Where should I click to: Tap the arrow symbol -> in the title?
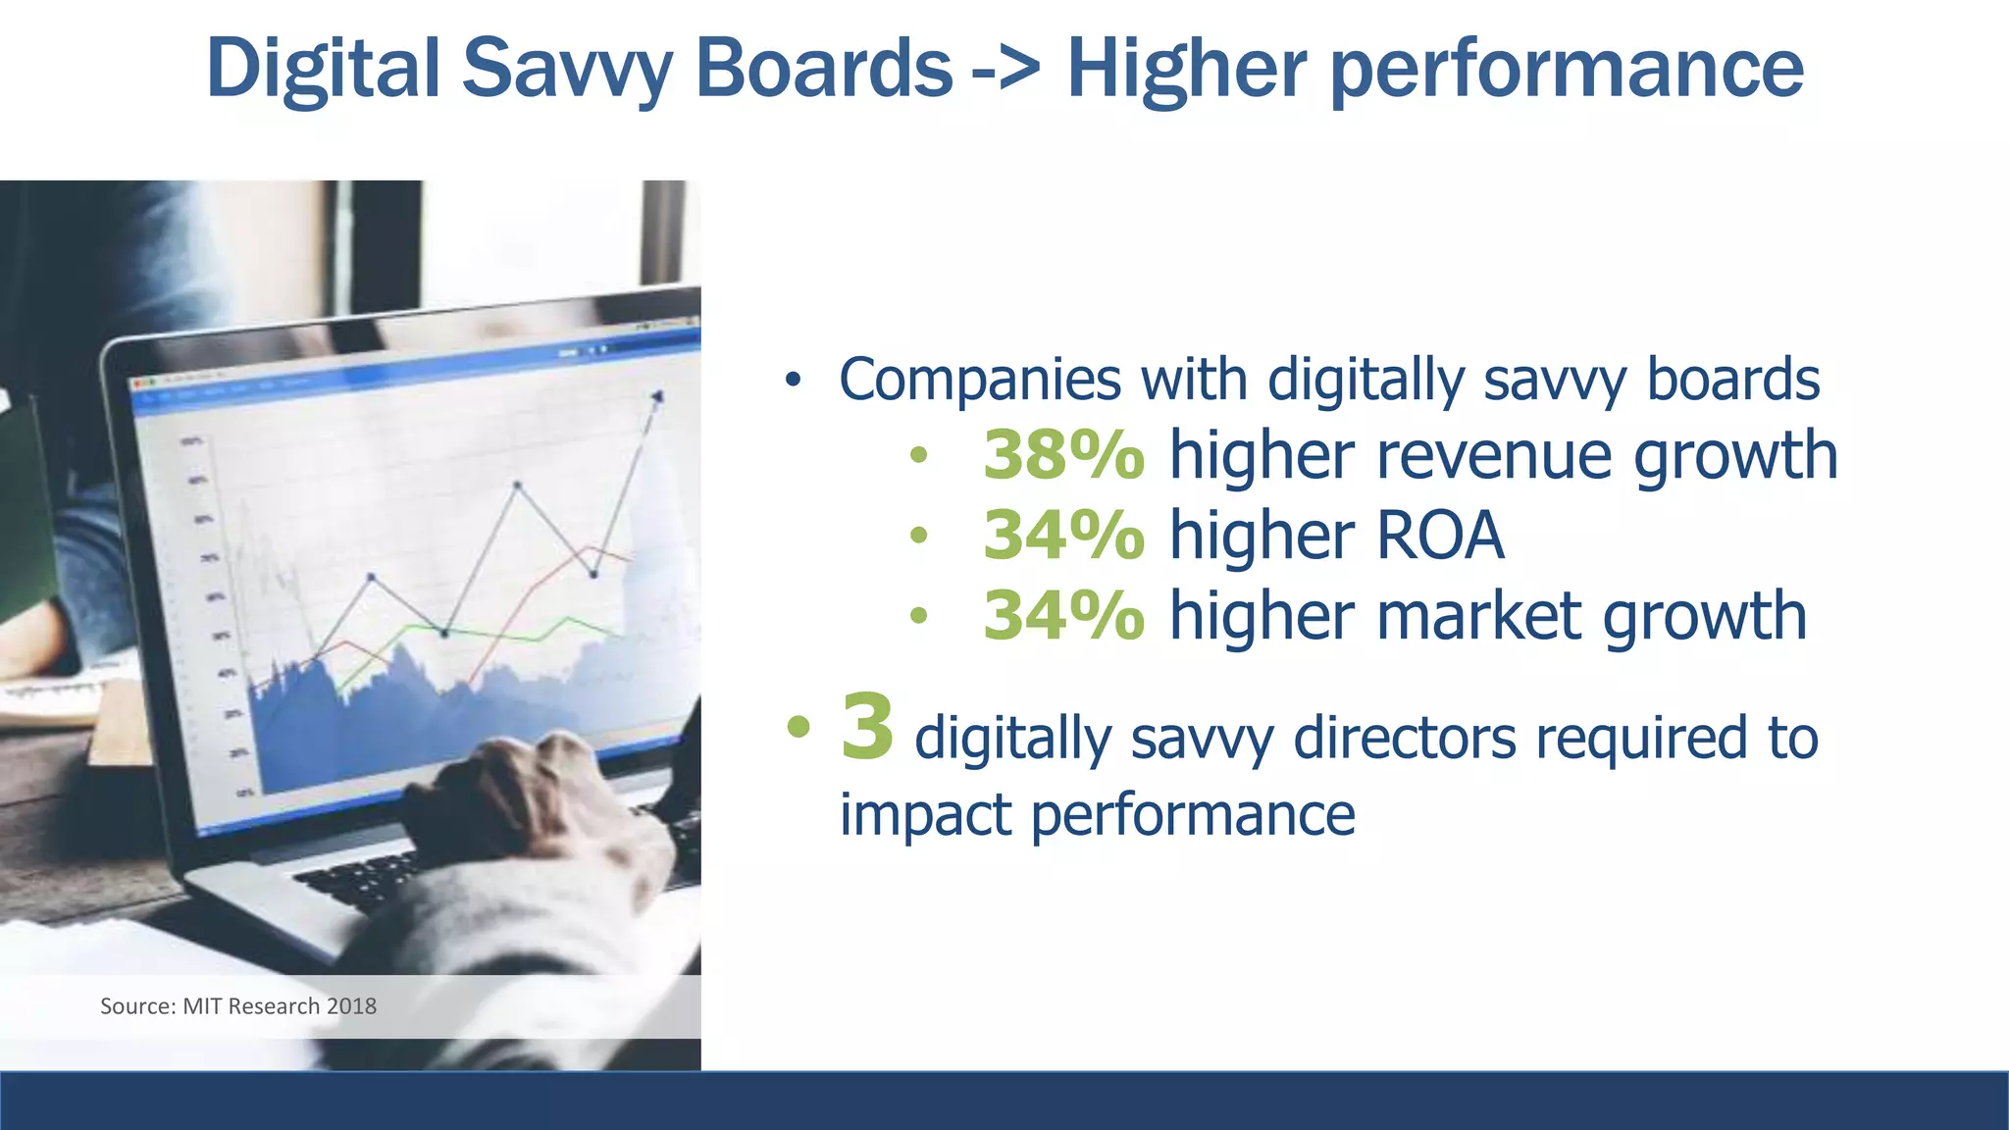click(x=1006, y=69)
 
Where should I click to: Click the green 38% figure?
click(x=1063, y=455)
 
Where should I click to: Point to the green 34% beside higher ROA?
click(x=1063, y=536)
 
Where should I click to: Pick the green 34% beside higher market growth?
click(x=1063, y=616)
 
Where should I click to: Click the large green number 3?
click(x=867, y=727)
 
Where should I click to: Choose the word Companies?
click(x=980, y=380)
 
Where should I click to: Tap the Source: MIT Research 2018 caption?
click(x=238, y=1006)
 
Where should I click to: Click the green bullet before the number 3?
click(x=798, y=727)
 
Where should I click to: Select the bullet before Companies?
click(x=793, y=380)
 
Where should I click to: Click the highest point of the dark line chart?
click(x=657, y=396)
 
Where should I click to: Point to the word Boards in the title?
click(x=824, y=69)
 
